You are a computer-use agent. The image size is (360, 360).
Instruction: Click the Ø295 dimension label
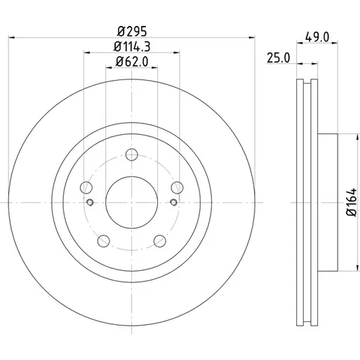pos(132,32)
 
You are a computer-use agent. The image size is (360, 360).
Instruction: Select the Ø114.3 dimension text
pos(132,46)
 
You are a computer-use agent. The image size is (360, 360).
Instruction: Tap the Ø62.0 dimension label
pos(132,62)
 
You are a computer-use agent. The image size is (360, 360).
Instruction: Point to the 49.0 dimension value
pos(317,37)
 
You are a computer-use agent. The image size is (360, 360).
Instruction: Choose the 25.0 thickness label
pos(279,58)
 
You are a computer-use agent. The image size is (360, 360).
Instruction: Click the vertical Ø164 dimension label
pos(352,202)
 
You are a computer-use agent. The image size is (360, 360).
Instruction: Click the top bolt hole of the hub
pos(132,154)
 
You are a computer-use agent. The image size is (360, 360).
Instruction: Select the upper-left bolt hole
pos(86,187)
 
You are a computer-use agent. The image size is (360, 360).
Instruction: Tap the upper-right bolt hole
pos(177,187)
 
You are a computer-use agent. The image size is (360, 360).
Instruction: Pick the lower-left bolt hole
pos(103,241)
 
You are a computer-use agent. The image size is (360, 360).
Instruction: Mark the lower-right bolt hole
pos(160,241)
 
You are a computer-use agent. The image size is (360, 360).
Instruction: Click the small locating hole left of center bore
pos(90,202)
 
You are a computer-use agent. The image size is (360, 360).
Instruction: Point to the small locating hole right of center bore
pos(173,202)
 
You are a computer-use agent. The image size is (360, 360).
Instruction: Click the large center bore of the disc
pos(132,202)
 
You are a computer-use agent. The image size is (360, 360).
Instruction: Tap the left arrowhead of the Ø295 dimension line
pos(12,37)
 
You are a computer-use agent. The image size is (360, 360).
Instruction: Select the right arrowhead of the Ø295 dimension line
pos(252,37)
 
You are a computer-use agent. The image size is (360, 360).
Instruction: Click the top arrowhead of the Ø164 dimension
pos(357,138)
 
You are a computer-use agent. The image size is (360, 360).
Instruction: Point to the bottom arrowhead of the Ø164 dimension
pos(357,268)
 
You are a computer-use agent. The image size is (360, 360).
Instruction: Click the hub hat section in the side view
pos(328,203)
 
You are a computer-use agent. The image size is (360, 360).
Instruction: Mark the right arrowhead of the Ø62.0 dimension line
pos(154,67)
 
